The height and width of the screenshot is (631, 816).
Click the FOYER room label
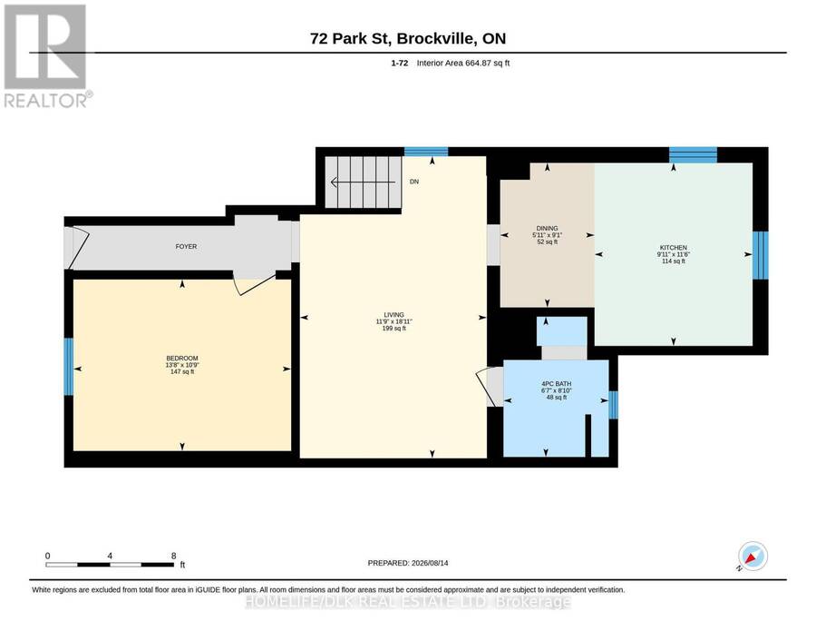click(x=186, y=246)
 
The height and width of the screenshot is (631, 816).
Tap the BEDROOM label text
click(x=182, y=359)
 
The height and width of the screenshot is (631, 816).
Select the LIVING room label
click(x=394, y=315)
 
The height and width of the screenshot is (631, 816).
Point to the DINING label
click(x=547, y=228)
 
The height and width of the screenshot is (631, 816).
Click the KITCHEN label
click(x=674, y=248)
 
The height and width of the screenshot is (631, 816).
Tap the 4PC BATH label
click(x=557, y=384)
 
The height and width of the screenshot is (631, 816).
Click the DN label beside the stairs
click(x=414, y=182)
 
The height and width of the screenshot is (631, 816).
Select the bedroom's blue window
click(x=68, y=367)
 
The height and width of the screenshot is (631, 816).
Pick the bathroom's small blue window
click(x=613, y=405)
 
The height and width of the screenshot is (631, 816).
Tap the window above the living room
click(x=426, y=152)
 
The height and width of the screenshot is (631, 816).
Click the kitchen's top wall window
click(x=693, y=154)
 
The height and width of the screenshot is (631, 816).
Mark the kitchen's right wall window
click(x=761, y=255)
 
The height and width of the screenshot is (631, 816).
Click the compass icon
click(x=753, y=557)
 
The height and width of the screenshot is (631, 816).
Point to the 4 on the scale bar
click(x=110, y=556)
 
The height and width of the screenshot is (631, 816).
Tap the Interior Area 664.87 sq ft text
click(x=463, y=63)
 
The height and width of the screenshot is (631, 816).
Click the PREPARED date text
click(x=408, y=563)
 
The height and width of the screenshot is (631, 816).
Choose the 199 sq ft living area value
click(x=394, y=329)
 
